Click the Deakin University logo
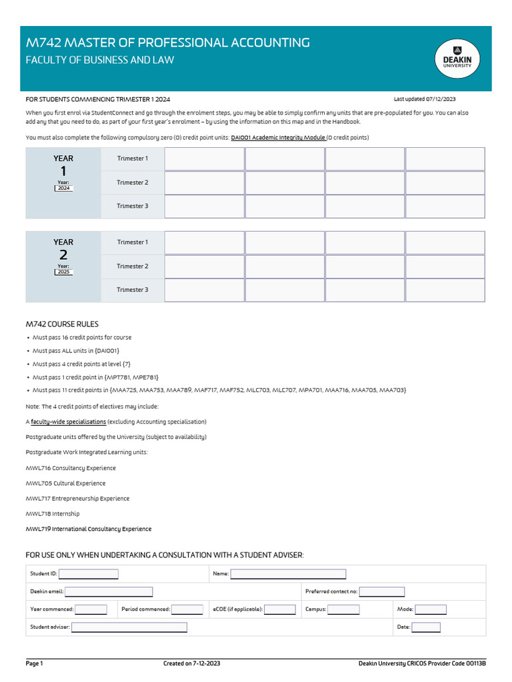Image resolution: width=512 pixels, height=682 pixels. [457, 59]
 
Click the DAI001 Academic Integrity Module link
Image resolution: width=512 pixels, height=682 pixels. [278, 138]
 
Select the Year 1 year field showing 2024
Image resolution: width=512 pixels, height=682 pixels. [64, 188]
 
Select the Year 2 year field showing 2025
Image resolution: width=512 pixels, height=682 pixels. [64, 272]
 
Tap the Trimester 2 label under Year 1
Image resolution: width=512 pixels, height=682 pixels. [132, 182]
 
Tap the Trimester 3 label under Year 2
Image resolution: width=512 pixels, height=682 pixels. [132, 290]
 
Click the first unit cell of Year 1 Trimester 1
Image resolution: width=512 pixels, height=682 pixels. [203, 159]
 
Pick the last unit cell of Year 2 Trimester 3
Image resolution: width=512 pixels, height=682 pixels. [445, 290]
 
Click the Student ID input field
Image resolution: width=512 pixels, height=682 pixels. [89, 574]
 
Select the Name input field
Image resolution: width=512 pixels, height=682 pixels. [288, 574]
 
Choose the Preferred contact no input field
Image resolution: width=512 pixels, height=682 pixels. [382, 591]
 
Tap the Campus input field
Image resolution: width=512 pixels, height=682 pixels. [343, 609]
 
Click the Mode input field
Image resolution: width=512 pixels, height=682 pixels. [431, 609]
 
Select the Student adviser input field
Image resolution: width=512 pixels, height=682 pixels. [129, 627]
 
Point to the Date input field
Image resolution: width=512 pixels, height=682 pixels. [426, 627]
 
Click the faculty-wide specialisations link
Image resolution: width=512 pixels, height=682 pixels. [68, 422]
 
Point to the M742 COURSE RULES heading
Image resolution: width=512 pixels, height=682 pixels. [62, 324]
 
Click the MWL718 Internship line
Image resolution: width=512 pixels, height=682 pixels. [53, 513]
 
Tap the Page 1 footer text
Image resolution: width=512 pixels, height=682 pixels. [35, 663]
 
